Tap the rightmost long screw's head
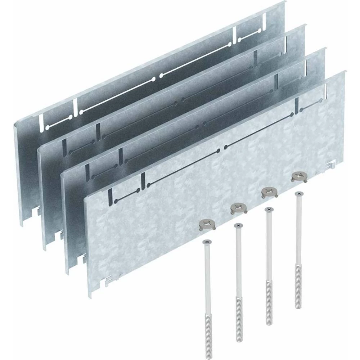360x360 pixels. coord(298,194)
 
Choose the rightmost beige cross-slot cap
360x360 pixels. coord(298,176)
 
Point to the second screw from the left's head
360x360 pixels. coord(237,225)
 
